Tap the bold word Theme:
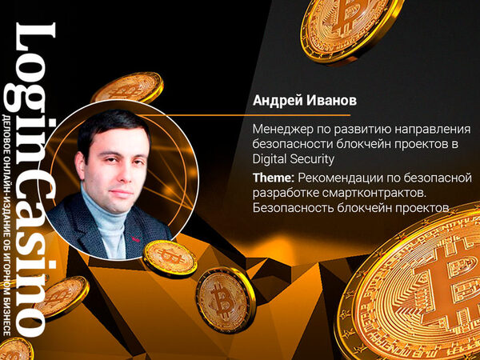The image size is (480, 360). click(273, 178)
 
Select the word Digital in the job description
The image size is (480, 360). click(270, 160)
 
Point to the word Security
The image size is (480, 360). click(312, 160)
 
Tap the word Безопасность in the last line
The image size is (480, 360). click(294, 208)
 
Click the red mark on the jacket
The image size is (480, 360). click(135, 239)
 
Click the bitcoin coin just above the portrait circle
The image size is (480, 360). click(127, 87)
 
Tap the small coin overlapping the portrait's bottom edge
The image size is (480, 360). click(170, 258)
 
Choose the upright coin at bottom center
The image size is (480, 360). click(226, 300)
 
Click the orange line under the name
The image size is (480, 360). click(245, 115)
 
